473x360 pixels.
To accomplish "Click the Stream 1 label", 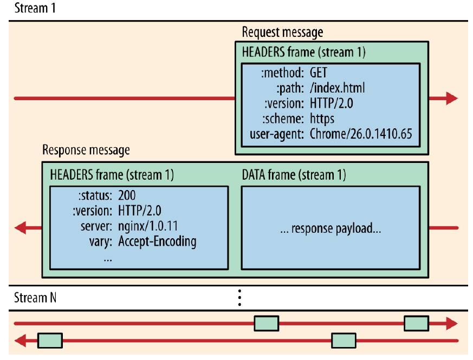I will coord(35,9).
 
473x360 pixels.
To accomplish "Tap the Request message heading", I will coord(282,32).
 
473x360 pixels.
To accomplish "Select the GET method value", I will coord(319,73).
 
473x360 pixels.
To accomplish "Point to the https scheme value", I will coord(322,118).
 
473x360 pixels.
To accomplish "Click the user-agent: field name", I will coord(277,134).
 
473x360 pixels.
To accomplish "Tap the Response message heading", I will coord(86,150).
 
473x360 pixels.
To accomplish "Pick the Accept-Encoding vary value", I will coord(157,241).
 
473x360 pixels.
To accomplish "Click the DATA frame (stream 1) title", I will coord(293,175).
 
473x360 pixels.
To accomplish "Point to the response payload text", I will coord(331,228).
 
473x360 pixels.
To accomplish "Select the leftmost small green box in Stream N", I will coord(50,341).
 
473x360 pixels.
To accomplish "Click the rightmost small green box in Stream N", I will coord(417,324).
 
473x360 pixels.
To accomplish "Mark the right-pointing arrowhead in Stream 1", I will coord(452,99).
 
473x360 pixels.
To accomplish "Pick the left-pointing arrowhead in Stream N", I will coord(20,341).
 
